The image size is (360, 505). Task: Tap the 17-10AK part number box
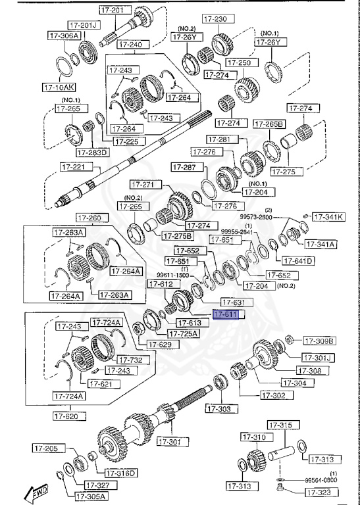click(x=59, y=86)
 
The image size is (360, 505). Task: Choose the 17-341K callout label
click(x=328, y=216)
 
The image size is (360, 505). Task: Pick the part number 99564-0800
click(x=321, y=481)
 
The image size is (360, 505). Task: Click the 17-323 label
click(x=321, y=491)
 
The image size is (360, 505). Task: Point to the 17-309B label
click(x=319, y=341)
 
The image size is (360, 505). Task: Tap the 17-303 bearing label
click(x=220, y=409)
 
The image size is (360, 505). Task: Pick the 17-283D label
click(x=92, y=153)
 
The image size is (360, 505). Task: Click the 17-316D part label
click(x=120, y=473)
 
